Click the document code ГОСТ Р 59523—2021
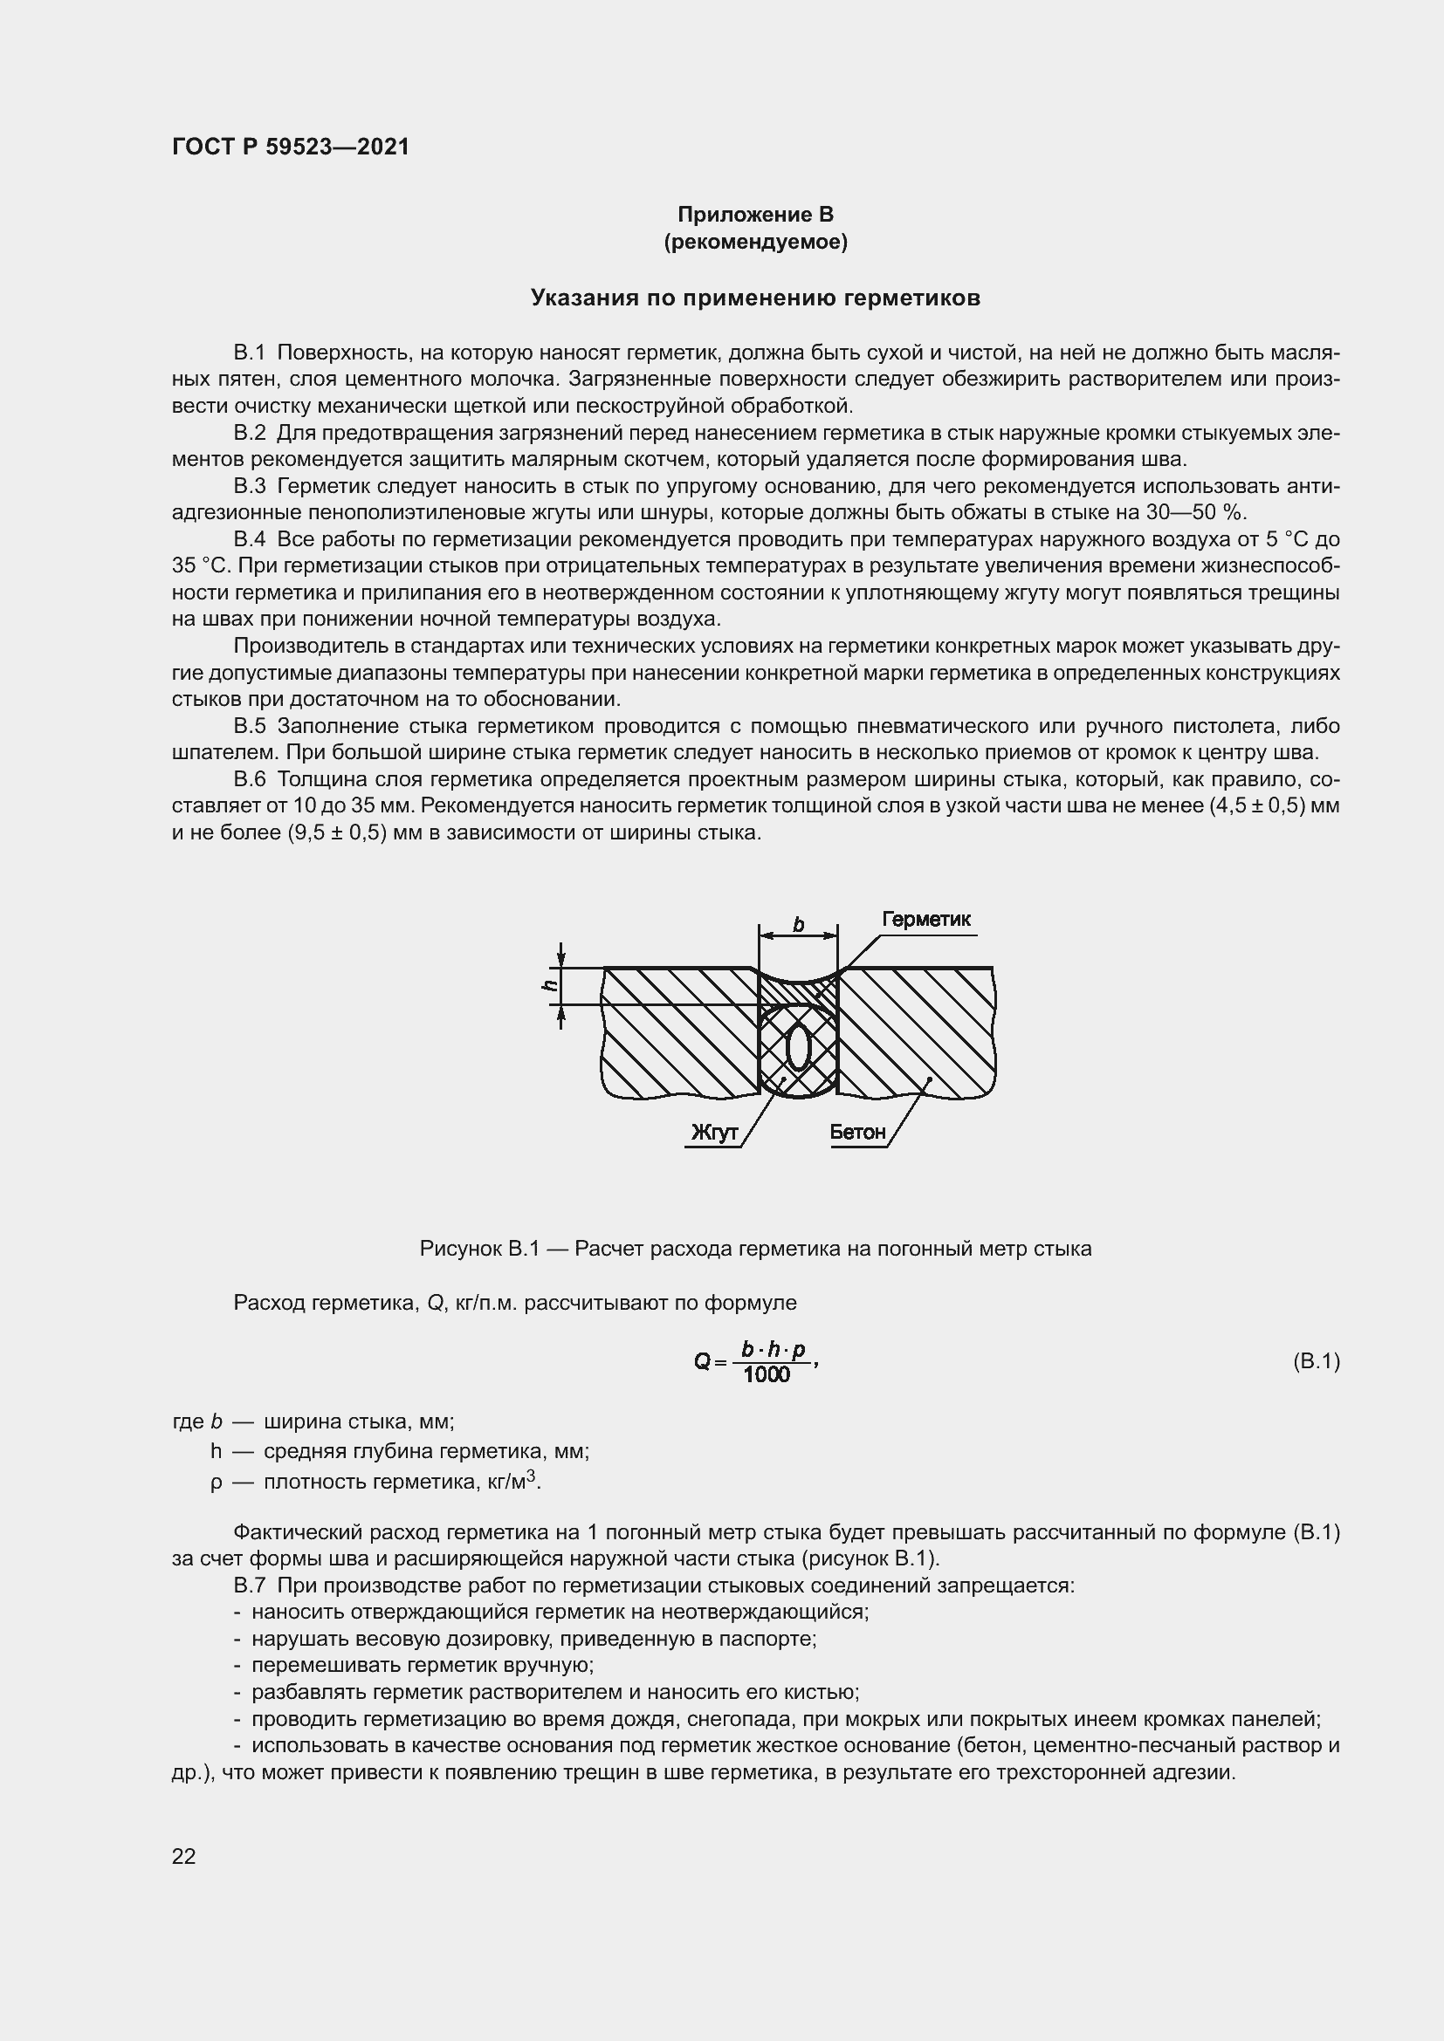pos(291,147)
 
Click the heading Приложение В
pos(755,215)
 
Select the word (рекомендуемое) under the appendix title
pos(755,242)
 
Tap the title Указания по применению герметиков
pos(755,298)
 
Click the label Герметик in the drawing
pos(925,919)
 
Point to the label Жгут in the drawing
pos(714,1133)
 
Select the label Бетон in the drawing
pos(857,1133)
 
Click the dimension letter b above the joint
pos(798,925)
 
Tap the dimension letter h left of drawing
pos(550,985)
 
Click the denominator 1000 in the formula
pos(767,1375)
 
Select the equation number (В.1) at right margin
pos(1316,1361)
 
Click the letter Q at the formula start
pos(702,1361)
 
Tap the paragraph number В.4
pos(250,539)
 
